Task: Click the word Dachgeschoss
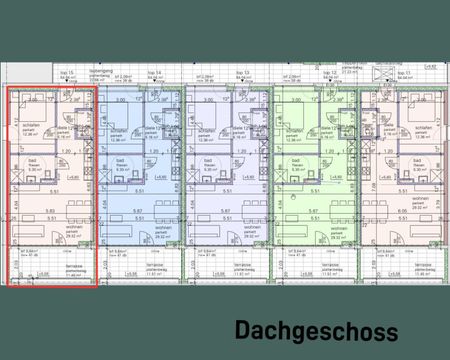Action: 315,331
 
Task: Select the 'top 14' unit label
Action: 154,73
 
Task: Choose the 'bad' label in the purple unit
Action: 204,161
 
